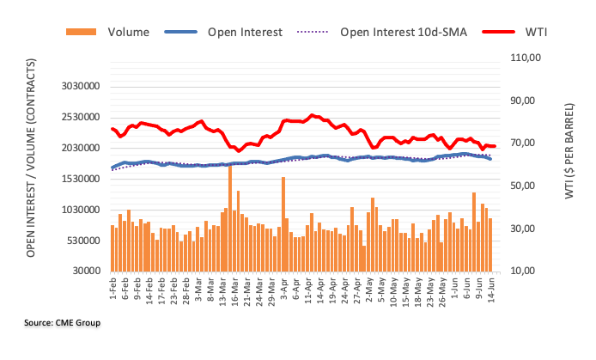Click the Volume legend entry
pos(128,32)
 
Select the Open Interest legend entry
pos(245,32)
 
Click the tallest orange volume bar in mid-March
pos(230,215)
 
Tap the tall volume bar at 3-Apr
pos(283,223)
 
